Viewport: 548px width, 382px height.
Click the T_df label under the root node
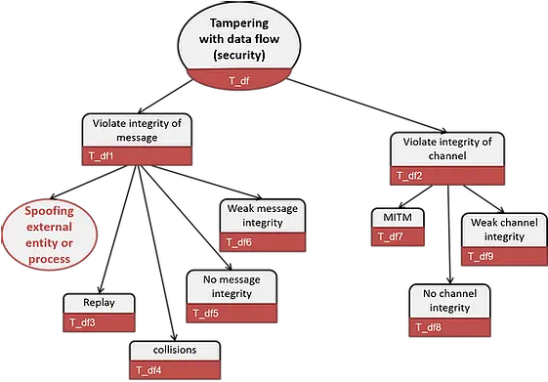[238, 81]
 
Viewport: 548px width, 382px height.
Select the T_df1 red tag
[102, 154]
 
